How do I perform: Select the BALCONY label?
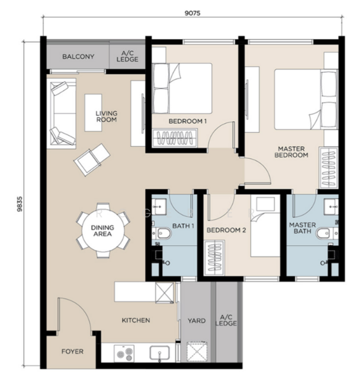click(x=78, y=57)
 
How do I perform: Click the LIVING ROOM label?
click(x=106, y=116)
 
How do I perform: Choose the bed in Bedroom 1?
click(x=182, y=88)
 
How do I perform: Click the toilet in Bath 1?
click(x=163, y=234)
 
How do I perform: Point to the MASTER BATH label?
click(x=302, y=228)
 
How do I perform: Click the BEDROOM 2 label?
click(x=226, y=230)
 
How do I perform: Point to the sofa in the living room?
click(x=62, y=114)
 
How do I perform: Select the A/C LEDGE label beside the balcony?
click(x=128, y=57)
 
